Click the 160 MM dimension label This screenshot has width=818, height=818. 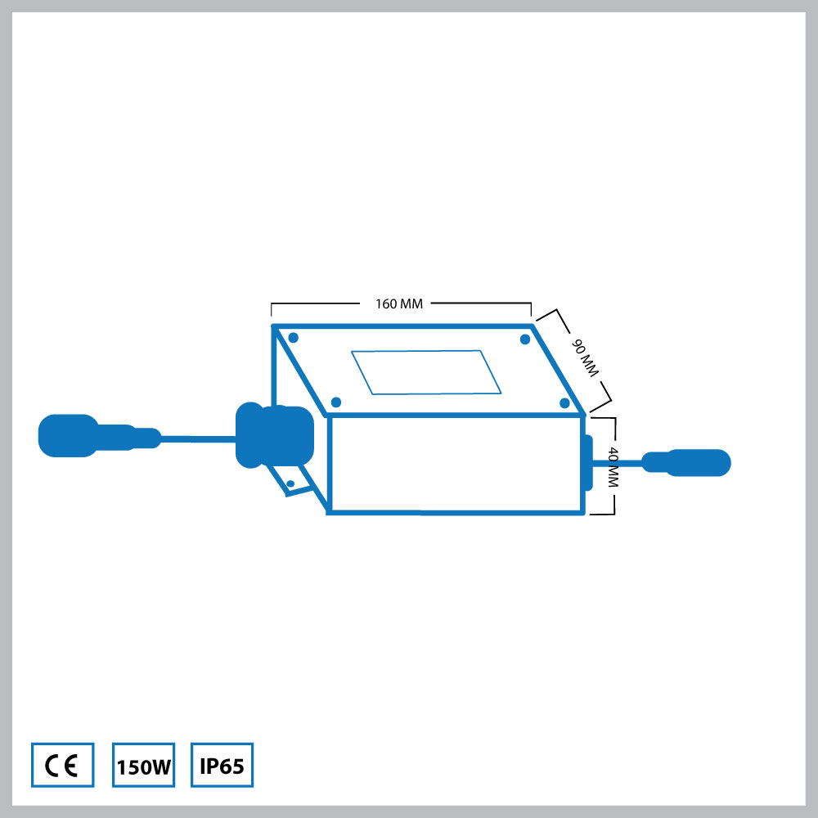tap(399, 303)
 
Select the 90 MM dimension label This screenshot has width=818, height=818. tap(586, 358)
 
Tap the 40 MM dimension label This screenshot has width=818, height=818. tap(613, 467)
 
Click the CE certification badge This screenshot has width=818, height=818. tap(63, 765)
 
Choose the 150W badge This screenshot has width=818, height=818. tap(143, 765)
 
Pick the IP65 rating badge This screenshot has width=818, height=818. tap(222, 765)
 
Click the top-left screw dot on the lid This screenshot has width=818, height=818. tap(293, 338)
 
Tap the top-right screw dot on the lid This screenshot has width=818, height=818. tap(525, 339)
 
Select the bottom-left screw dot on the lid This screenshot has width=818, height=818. tap(336, 402)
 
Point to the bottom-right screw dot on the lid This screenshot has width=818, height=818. tap(564, 402)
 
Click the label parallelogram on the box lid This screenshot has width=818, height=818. tap(426, 372)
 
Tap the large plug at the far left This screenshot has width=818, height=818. tap(69, 436)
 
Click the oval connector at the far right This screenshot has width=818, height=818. tap(686, 463)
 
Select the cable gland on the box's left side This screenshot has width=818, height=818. tap(274, 436)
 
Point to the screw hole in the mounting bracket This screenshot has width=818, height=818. tap(290, 483)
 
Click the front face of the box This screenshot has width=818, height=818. tap(456, 464)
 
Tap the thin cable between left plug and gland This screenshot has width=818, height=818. tap(198, 439)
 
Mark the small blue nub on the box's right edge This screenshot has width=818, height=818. tap(589, 463)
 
